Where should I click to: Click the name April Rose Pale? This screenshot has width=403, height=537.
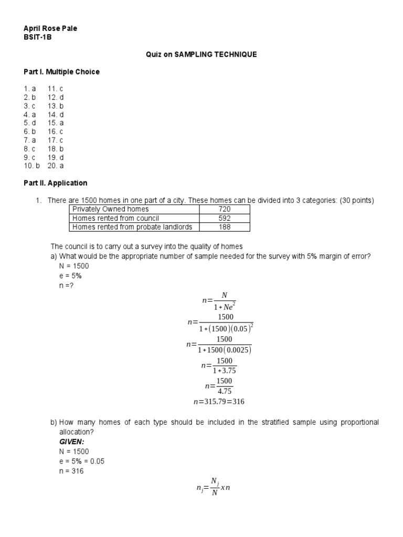click(50, 28)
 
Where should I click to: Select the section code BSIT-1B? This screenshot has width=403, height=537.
click(38, 37)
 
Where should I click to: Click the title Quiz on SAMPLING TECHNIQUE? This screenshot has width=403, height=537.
click(201, 55)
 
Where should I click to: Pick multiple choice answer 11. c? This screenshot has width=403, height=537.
click(55, 89)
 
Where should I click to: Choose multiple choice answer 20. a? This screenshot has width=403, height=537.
click(55, 166)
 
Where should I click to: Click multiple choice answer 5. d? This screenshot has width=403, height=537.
click(29, 123)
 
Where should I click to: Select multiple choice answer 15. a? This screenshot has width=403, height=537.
click(55, 123)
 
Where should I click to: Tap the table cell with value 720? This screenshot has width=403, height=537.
click(224, 209)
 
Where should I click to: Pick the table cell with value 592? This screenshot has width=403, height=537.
click(224, 218)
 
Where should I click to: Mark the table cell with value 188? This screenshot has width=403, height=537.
click(224, 227)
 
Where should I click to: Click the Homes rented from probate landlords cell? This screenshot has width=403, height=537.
click(132, 227)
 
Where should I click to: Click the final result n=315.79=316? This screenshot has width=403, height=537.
click(219, 402)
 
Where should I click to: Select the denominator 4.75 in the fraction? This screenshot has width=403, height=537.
click(225, 391)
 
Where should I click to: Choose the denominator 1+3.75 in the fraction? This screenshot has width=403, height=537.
click(225, 370)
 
